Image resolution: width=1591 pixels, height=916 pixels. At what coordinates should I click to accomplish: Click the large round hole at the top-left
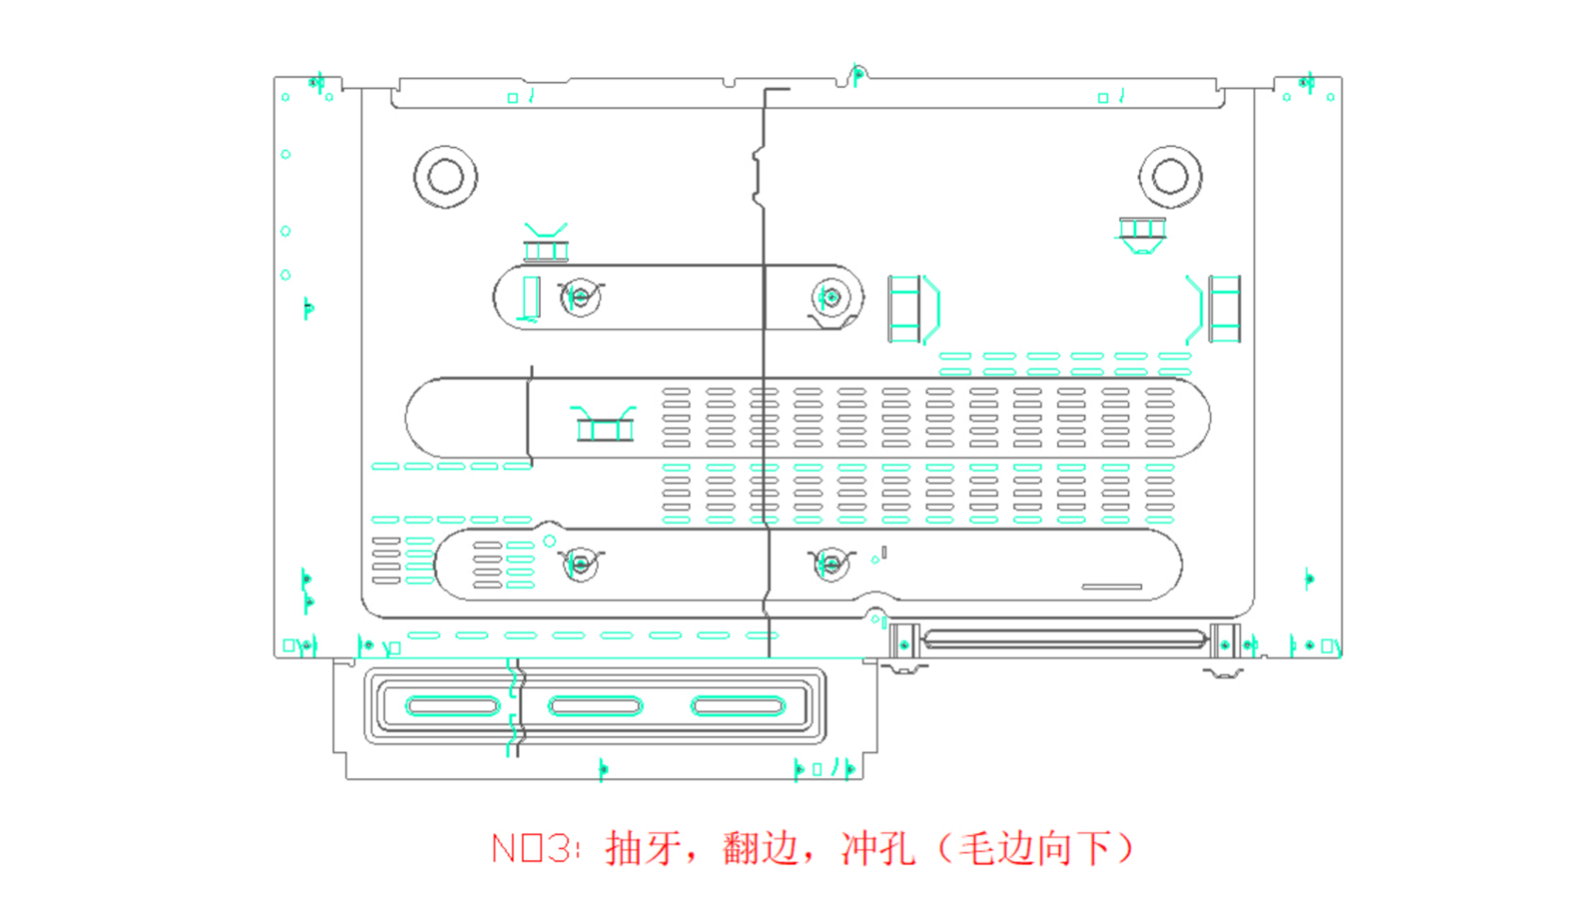tap(445, 176)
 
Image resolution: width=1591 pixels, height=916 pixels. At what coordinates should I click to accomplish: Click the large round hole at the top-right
tap(1170, 176)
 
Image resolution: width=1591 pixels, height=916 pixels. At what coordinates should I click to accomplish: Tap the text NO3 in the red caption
tap(533, 848)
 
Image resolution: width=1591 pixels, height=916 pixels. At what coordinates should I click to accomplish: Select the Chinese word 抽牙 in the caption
tap(644, 848)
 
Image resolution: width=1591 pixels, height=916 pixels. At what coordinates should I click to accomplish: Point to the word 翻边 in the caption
tap(761, 848)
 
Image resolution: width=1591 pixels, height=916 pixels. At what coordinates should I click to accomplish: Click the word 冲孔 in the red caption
tap(878, 848)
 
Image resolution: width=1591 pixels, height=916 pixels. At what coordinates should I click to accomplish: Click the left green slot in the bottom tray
tap(452, 706)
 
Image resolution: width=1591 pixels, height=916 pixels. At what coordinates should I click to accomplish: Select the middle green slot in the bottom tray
tap(595, 706)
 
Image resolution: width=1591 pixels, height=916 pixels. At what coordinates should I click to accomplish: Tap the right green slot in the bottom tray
tap(738, 706)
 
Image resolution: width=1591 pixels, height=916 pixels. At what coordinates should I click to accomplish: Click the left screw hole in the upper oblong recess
tap(580, 297)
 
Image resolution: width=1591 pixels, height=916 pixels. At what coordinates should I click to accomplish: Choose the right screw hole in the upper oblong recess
tap(831, 297)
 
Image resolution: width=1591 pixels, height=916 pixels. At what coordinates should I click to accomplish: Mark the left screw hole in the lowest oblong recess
tap(580, 564)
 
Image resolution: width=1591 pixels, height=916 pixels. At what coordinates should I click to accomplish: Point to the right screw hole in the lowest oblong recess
tap(831, 564)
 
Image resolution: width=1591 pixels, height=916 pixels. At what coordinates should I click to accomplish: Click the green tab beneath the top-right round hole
tap(1142, 232)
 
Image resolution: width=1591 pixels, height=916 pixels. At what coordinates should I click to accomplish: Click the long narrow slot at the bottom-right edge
tap(1064, 640)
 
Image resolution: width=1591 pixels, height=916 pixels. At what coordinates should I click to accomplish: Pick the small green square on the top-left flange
tap(513, 97)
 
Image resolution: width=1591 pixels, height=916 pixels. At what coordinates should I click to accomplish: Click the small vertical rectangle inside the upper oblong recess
tap(531, 297)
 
